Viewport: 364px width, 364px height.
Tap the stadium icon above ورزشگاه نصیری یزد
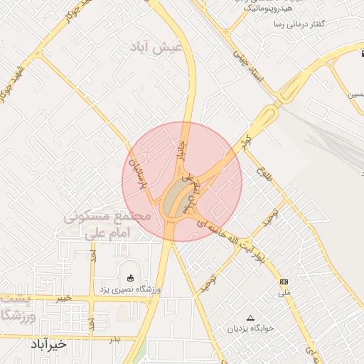pos(129,278)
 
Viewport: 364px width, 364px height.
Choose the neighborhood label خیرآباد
pos(48,344)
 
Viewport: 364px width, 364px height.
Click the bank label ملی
pos(284,292)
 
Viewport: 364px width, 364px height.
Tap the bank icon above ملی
pos(284,282)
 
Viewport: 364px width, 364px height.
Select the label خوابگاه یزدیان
pos(250,329)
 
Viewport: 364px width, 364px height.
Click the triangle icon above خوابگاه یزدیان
pos(250,318)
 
